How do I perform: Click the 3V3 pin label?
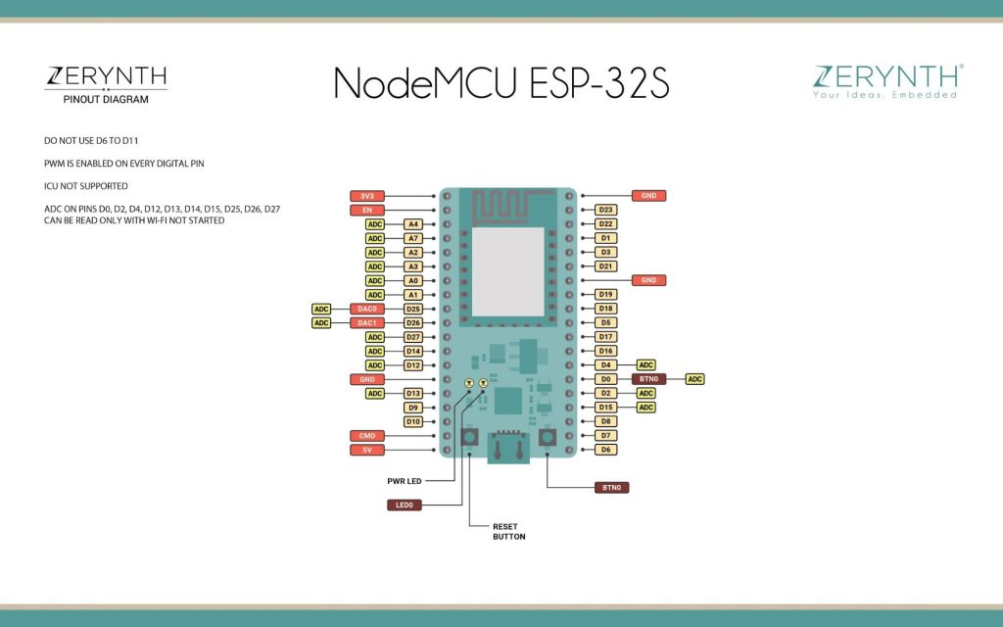(x=367, y=196)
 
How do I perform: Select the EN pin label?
(x=367, y=210)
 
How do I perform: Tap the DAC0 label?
(x=367, y=309)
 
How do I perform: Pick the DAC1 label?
(x=367, y=323)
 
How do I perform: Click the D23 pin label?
(x=605, y=210)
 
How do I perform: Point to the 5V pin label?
(x=367, y=450)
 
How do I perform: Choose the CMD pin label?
(x=367, y=436)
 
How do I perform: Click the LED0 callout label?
(x=405, y=505)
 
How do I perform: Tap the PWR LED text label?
(x=405, y=481)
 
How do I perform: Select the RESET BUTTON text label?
(x=509, y=532)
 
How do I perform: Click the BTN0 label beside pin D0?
(x=648, y=379)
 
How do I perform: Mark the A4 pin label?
(x=413, y=224)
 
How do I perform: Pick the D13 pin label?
(x=413, y=394)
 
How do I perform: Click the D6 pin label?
(x=605, y=450)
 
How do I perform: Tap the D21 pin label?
(x=605, y=266)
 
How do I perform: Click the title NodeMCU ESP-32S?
(x=501, y=83)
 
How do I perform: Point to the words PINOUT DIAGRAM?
(x=106, y=99)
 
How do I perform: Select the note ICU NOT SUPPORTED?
(x=86, y=186)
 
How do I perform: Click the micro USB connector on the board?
(x=508, y=447)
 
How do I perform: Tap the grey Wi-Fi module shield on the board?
(x=508, y=272)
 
